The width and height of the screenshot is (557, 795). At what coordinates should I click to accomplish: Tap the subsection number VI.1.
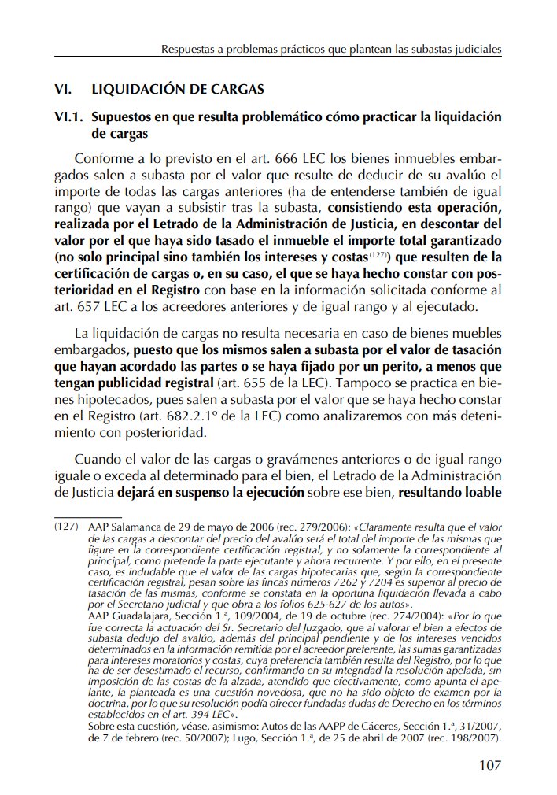[69, 117]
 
